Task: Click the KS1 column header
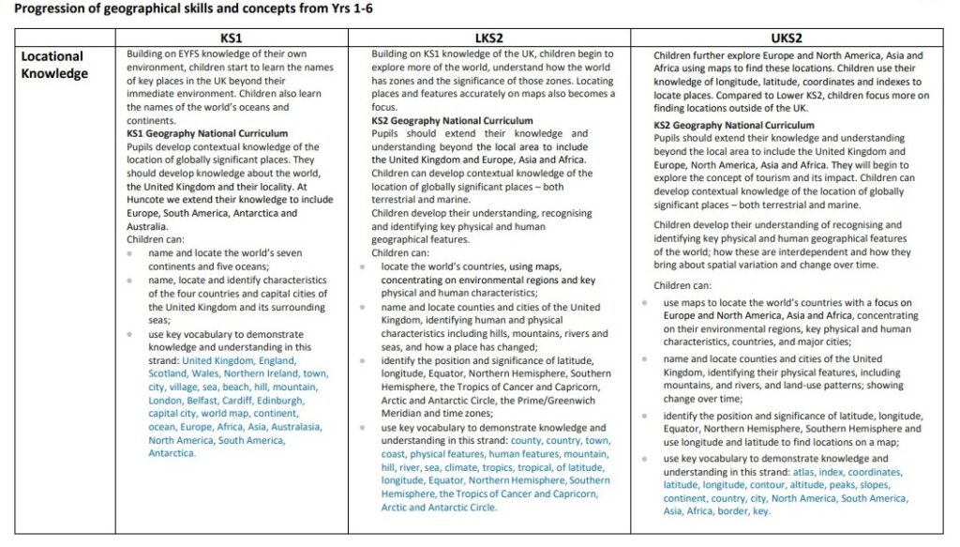point(232,37)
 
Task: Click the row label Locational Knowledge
point(52,65)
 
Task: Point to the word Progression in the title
point(50,9)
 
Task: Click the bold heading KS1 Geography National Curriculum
point(207,134)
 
